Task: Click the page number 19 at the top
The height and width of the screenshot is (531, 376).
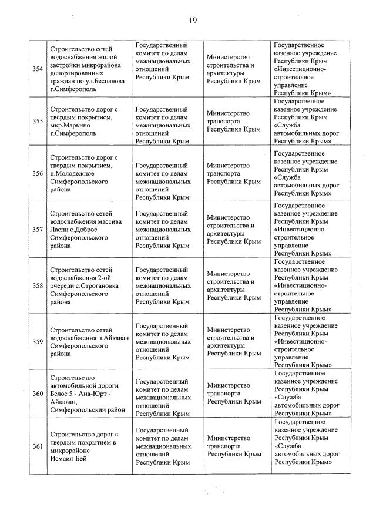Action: click(x=192, y=21)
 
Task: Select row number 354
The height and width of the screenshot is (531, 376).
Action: click(x=38, y=69)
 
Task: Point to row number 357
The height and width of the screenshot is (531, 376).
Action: click(x=38, y=229)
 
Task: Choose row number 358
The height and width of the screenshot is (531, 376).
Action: click(x=38, y=285)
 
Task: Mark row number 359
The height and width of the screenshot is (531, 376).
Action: click(x=38, y=342)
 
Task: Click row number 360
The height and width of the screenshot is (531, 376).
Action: click(x=38, y=393)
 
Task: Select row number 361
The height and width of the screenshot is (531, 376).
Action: click(x=38, y=446)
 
